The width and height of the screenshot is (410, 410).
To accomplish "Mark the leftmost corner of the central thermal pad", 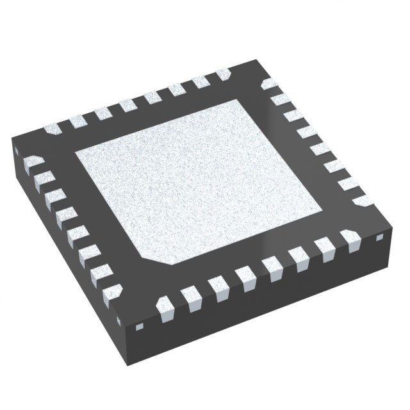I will tap(76, 154).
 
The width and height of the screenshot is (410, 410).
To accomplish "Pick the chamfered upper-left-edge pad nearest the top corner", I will tap(224, 75).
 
